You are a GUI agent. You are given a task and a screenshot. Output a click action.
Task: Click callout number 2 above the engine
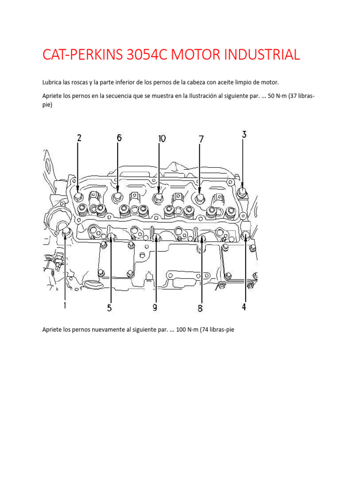(x=79, y=138)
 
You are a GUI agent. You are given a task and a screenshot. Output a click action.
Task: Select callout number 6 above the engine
(x=119, y=138)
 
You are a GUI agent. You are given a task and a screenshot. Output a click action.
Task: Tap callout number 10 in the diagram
(x=161, y=138)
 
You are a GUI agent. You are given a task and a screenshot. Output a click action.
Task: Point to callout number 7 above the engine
(x=201, y=139)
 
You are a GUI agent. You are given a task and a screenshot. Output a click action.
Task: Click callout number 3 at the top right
(x=244, y=135)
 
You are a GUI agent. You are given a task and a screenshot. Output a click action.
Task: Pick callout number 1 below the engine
(x=64, y=305)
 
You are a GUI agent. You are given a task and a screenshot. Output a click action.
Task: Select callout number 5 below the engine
(x=109, y=307)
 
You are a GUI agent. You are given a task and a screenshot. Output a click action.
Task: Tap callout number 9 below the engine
(x=154, y=307)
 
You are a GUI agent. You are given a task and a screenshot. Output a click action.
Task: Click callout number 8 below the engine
(x=200, y=308)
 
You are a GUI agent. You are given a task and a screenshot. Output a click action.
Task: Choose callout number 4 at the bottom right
(x=244, y=307)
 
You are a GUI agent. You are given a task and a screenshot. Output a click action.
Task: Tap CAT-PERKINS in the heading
(x=82, y=55)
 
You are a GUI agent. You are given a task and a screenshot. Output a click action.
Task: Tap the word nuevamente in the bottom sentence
(x=106, y=330)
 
